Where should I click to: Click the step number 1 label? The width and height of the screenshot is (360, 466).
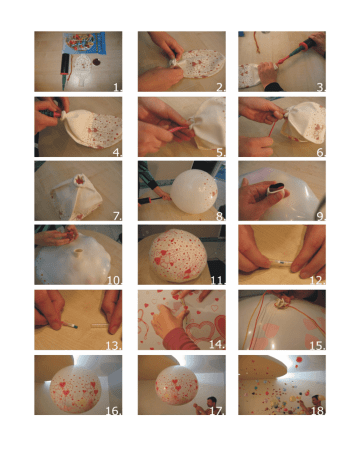pyautogui.click(x=118, y=87)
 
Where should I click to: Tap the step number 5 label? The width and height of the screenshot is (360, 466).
pyautogui.click(x=221, y=152)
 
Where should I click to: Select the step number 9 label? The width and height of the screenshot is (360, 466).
pyautogui.click(x=321, y=216)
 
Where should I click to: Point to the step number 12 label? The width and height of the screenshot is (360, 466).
pyautogui.click(x=318, y=280)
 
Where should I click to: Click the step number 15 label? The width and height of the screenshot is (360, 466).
pyautogui.click(x=318, y=346)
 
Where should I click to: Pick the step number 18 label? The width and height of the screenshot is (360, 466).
pyautogui.click(x=318, y=411)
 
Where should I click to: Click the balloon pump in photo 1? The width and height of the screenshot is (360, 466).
pyautogui.click(x=64, y=71)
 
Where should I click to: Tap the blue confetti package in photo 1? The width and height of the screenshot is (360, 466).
pyautogui.click(x=85, y=42)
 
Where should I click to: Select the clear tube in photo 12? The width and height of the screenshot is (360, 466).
pyautogui.click(x=281, y=264)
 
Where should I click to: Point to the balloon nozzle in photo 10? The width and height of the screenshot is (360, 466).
pyautogui.click(x=79, y=254)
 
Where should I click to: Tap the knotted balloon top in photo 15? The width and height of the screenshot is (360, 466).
pyautogui.click(x=280, y=303)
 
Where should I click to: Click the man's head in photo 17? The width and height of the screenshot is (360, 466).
pyautogui.click(x=211, y=401)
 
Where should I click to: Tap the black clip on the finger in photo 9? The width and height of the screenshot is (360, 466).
pyautogui.click(x=276, y=188)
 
